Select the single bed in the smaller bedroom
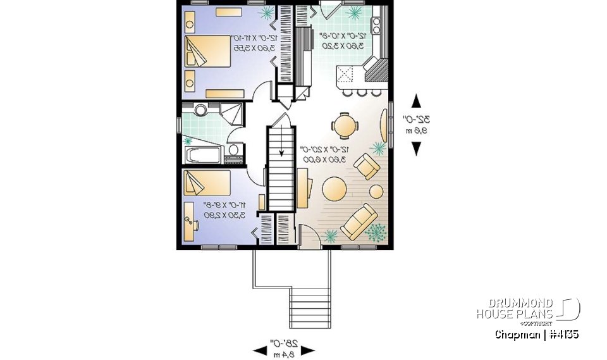(207, 183)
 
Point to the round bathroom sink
(201, 111)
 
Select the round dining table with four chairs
(345, 125)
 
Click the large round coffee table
(334, 188)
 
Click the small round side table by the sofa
(376, 190)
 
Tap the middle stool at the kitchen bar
(361, 92)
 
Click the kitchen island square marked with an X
(347, 75)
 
